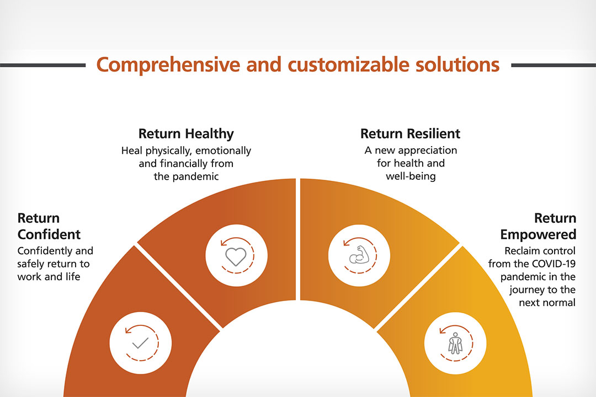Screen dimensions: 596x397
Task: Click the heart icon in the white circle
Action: (236, 256)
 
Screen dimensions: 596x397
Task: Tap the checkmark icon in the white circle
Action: (140, 343)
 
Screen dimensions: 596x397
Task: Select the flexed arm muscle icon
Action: (359, 255)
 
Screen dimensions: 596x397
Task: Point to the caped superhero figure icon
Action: (455, 344)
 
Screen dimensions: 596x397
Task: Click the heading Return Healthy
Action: (186, 134)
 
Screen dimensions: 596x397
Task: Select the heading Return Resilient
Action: (410, 134)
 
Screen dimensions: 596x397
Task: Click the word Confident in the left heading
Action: (49, 234)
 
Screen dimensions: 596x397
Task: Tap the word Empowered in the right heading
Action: (538, 234)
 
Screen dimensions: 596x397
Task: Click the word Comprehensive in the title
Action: (168, 65)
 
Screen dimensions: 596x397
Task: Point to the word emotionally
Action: (223, 151)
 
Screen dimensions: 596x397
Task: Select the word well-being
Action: (411, 176)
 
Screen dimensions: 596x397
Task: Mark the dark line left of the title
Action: (42, 66)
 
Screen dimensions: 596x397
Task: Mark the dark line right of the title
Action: (554, 66)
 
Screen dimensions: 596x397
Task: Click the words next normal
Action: (547, 303)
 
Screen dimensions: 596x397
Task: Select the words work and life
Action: (49, 277)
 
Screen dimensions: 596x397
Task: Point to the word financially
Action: (184, 164)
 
